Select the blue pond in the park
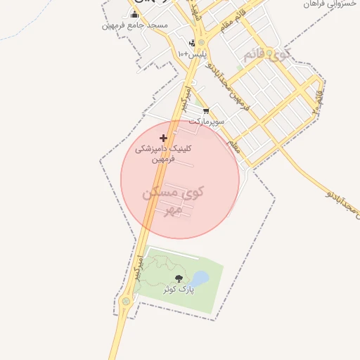click(x=200, y=279)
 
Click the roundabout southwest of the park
click(x=126, y=302)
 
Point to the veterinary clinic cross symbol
click(x=164, y=138)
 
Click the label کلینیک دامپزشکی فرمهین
click(x=167, y=154)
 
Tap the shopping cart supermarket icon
click(x=205, y=110)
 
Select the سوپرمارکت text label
click(x=206, y=121)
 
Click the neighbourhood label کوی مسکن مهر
click(x=173, y=200)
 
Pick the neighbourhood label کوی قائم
click(x=266, y=54)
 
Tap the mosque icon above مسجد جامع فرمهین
click(x=134, y=15)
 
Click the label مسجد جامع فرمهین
click(x=134, y=25)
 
